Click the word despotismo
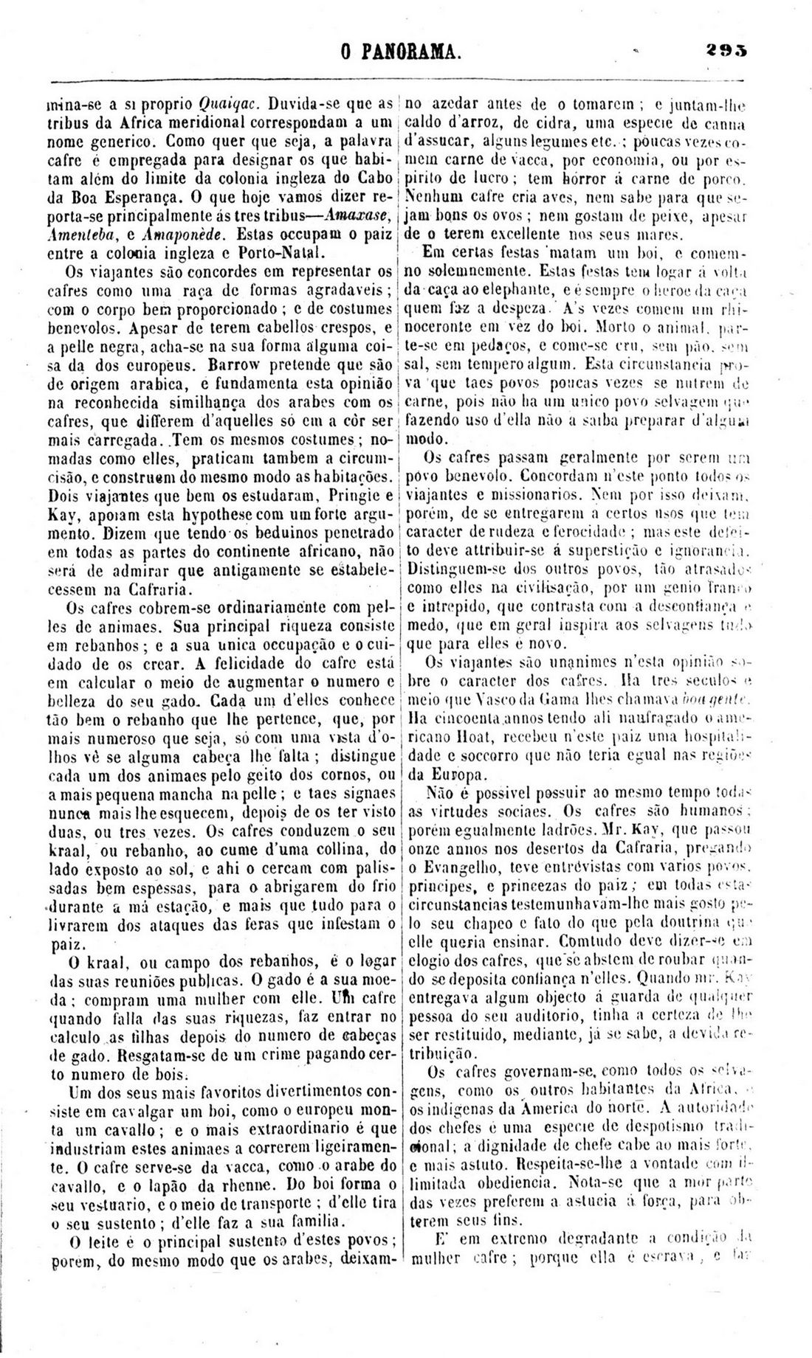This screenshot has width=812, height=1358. tap(644, 1128)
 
